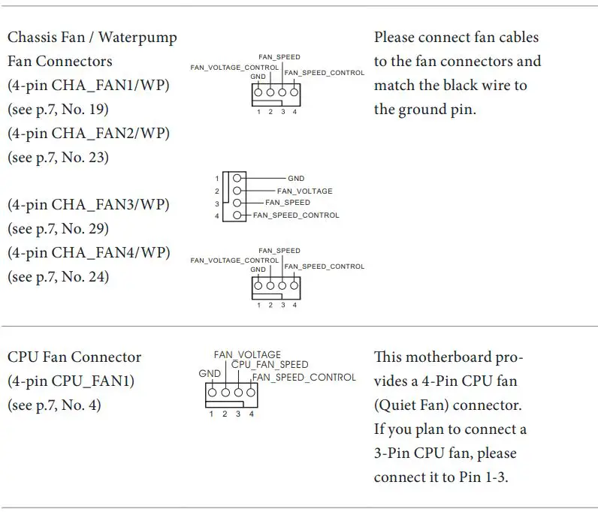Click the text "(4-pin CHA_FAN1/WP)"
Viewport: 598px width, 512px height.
pos(88,86)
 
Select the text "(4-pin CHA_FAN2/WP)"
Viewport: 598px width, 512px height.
pos(88,134)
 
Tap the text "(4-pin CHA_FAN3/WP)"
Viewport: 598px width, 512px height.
pos(88,205)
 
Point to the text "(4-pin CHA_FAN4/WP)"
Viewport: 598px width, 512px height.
pos(88,252)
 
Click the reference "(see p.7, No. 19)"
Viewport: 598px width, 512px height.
pos(58,110)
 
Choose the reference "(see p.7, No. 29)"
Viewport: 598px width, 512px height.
pos(58,229)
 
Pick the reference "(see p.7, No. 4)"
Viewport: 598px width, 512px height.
pos(54,405)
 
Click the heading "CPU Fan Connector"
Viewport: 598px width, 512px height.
pos(74,357)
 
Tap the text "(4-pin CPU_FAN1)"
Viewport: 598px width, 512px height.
pos(71,381)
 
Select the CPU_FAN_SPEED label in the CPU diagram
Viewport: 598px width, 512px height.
pos(270,365)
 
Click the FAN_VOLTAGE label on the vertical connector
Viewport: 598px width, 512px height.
pos(304,191)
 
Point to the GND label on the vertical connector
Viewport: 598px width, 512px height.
pos(296,179)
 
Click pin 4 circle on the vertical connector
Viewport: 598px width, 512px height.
pos(237,215)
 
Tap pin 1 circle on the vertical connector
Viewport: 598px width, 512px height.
pos(237,179)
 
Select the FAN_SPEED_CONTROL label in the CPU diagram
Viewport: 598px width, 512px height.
pos(304,377)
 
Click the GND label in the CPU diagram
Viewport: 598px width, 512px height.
pos(210,373)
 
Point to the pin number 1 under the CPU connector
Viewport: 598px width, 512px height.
pos(211,414)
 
